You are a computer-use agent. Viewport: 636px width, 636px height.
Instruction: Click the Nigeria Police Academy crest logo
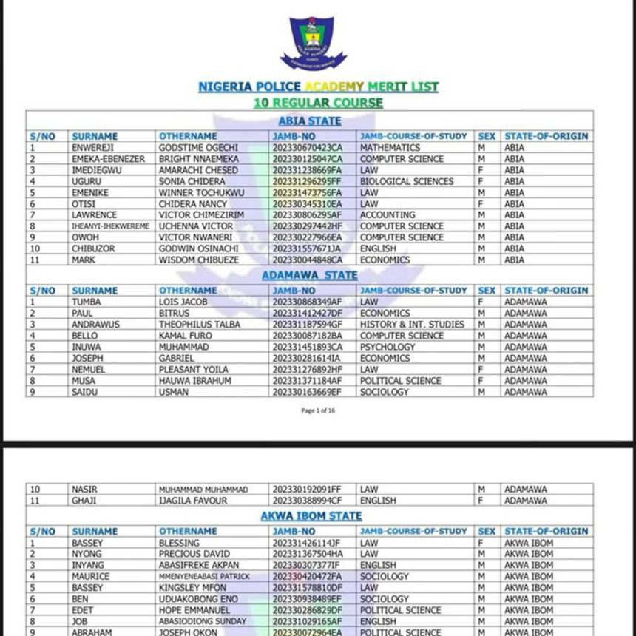[x=313, y=42]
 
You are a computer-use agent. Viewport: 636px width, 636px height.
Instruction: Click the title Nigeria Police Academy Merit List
[x=318, y=87]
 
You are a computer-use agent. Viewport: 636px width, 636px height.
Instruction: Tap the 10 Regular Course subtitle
[x=318, y=103]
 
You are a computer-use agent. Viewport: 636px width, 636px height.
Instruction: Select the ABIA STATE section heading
[x=310, y=121]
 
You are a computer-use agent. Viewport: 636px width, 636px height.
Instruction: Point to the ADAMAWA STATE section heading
[x=310, y=275]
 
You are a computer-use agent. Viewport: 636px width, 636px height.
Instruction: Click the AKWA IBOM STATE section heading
[x=311, y=515]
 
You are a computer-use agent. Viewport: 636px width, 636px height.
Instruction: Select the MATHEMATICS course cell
[x=390, y=148]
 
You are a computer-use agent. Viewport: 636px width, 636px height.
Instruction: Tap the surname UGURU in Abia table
[x=87, y=181]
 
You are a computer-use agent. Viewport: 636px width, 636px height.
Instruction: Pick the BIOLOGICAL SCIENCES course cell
[x=407, y=181]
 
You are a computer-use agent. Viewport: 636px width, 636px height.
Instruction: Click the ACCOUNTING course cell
[x=388, y=215]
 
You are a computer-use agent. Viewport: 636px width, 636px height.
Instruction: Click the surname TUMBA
[x=87, y=302]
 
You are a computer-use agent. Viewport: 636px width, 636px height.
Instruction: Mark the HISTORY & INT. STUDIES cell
[x=412, y=325]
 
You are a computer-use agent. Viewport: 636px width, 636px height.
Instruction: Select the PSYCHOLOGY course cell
[x=388, y=347]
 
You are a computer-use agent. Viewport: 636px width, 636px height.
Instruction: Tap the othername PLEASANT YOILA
[x=194, y=369]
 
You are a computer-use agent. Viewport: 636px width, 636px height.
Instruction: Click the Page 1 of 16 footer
[x=318, y=410]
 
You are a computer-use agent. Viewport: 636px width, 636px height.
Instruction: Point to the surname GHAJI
[x=85, y=501]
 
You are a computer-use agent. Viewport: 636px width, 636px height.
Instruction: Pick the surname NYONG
[x=86, y=554]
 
